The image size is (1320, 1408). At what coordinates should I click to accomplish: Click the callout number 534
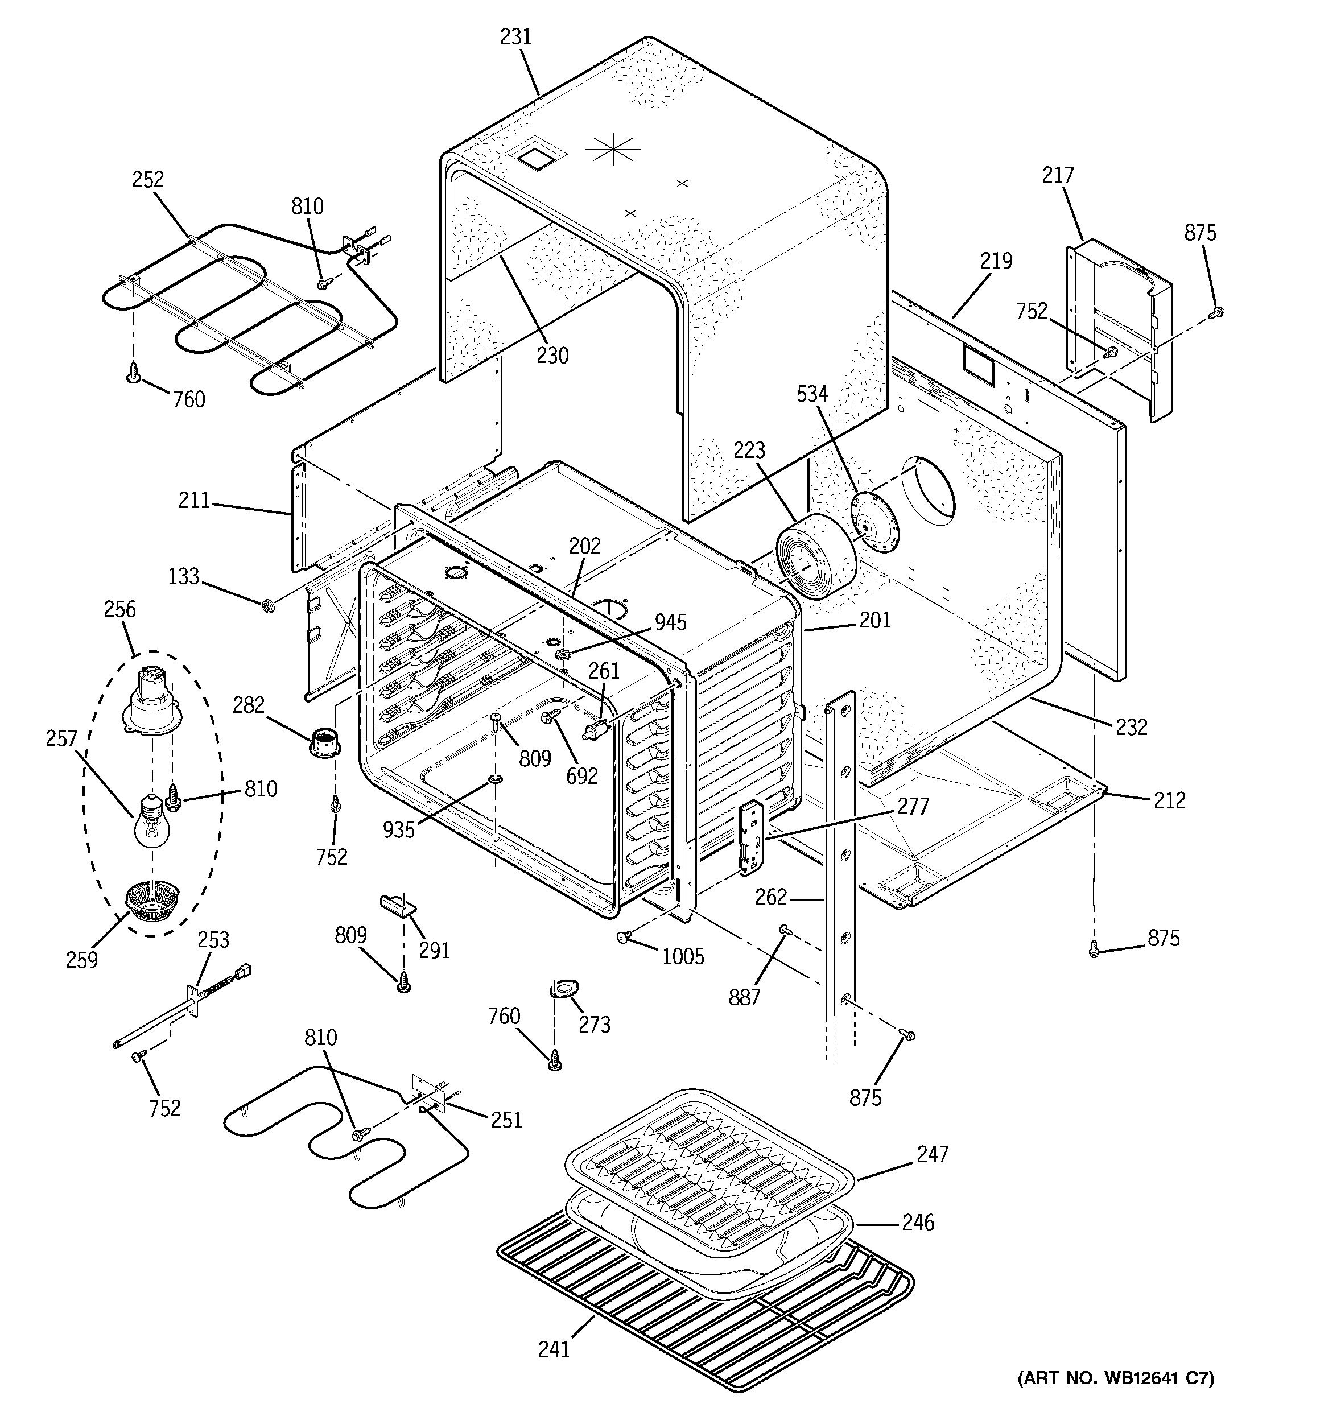[812, 394]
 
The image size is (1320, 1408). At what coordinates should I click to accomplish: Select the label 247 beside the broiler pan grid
[932, 1154]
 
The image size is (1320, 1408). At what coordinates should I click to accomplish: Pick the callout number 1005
[683, 957]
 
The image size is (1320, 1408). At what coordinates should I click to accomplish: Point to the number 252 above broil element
[147, 180]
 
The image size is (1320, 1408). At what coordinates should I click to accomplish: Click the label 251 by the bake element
[506, 1120]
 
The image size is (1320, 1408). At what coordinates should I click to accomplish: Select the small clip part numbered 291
[397, 905]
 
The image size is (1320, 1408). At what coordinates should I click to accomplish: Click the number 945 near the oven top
[670, 622]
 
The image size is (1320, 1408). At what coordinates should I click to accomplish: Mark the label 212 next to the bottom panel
[1169, 800]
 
